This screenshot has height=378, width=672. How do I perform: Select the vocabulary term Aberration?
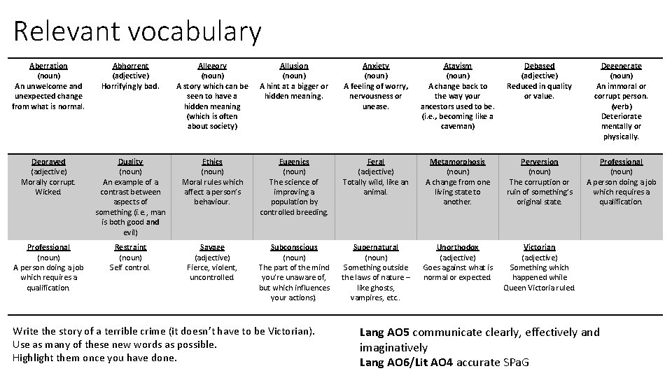point(48,66)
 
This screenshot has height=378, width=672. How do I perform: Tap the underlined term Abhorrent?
point(130,66)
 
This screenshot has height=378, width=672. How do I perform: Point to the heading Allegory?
point(212,66)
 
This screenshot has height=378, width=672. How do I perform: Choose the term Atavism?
point(458,66)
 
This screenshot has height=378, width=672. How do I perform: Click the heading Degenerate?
point(621,66)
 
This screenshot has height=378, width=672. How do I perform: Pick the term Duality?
point(130,162)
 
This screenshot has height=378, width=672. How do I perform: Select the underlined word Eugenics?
point(294,162)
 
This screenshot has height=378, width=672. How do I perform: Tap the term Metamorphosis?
point(458,162)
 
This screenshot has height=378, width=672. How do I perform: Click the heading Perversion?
point(539,162)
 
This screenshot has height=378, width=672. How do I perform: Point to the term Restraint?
point(130,247)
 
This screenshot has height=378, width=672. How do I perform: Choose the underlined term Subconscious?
point(294,247)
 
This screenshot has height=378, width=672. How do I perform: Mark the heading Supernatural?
point(376,247)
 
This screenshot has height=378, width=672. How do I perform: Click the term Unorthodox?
point(458,247)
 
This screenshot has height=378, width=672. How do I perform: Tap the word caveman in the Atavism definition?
point(458,127)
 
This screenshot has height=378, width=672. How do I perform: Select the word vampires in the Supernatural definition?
point(365,297)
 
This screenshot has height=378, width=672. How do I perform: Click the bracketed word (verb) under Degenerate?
point(621,106)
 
